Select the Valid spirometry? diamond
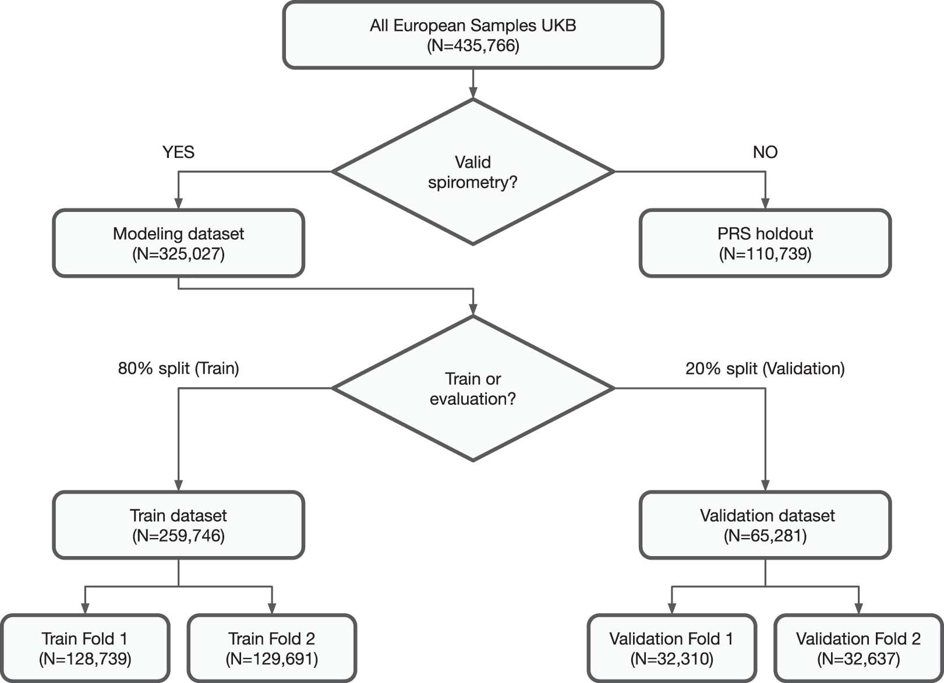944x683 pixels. (473, 172)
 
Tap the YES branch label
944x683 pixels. (178, 152)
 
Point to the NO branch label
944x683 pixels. (765, 152)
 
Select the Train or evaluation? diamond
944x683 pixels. (473, 389)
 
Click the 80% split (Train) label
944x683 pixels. (178, 369)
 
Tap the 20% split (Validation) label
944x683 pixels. (765, 369)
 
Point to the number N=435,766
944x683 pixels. (473, 45)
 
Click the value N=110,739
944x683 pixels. (765, 254)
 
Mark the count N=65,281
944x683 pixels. (765, 536)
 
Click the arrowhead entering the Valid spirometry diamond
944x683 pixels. (473, 93)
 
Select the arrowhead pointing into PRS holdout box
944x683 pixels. (765, 203)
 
